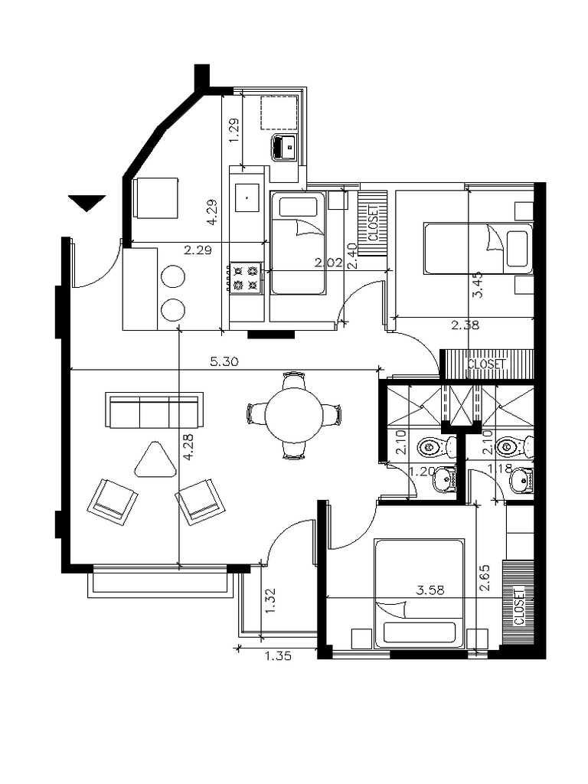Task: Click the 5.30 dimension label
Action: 224,361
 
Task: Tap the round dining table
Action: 294,415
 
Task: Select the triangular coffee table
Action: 155,460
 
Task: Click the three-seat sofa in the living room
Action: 155,410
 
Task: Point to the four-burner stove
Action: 246,278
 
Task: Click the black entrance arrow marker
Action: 87,202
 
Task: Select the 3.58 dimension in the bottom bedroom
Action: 430,590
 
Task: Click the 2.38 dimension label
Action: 465,325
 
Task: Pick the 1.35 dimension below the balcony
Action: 277,655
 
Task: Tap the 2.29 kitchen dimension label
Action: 198,250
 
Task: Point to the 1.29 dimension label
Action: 234,130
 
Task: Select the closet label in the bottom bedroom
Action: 520,606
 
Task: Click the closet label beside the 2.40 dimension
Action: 373,223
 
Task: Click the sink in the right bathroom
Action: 521,481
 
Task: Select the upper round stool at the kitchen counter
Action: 172,276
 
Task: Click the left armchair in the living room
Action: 113,501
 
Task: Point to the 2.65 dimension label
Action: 485,578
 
